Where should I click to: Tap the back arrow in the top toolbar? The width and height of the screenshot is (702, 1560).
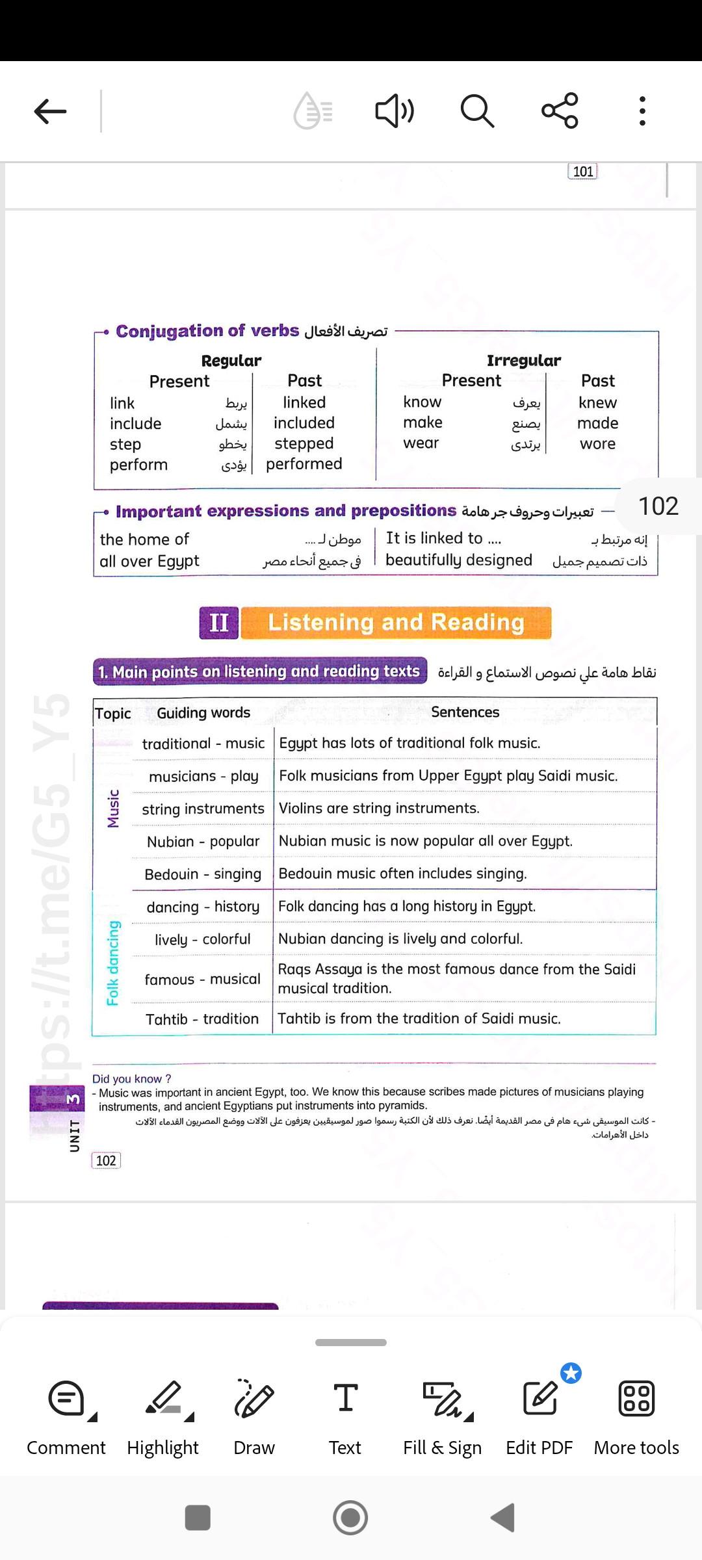(50, 111)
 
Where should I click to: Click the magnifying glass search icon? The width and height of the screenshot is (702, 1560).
(477, 110)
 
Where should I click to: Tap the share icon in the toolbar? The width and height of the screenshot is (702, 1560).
(560, 110)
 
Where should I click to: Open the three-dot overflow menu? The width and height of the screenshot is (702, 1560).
(642, 111)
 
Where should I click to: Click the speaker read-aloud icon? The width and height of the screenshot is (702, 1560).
(394, 111)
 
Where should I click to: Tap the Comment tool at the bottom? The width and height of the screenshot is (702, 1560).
(66, 1417)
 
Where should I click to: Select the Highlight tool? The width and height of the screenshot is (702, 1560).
(163, 1417)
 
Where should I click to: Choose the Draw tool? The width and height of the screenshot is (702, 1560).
(254, 1417)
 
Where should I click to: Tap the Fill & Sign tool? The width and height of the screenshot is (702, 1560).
(442, 1417)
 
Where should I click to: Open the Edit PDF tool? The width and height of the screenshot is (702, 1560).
(539, 1417)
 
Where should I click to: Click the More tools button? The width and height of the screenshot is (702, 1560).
(636, 1417)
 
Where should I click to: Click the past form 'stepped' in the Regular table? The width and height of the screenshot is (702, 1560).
(304, 443)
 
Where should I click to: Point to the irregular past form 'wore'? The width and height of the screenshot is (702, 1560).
(597, 444)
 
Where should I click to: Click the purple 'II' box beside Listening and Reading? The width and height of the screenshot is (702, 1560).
(219, 623)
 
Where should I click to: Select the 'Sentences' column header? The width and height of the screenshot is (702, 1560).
(465, 712)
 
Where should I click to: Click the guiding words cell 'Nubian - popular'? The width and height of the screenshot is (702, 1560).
(203, 842)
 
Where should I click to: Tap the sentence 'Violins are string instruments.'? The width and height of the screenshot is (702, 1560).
(379, 808)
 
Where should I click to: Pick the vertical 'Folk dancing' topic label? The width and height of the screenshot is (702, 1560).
(113, 963)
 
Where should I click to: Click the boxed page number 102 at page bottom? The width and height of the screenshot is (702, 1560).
(106, 1161)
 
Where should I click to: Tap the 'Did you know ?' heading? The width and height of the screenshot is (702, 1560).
(132, 1079)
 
